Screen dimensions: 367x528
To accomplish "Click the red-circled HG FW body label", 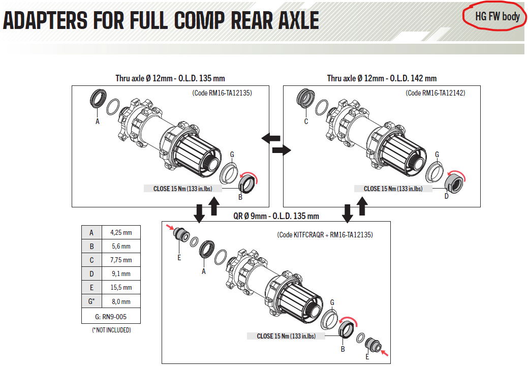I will tap(497, 17).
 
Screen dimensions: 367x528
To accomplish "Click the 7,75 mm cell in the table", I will tap(120, 260).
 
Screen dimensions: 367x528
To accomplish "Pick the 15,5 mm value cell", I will tap(120, 287).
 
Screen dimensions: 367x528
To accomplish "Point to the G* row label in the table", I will tap(91, 301).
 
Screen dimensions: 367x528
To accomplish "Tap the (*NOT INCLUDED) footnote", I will tap(111, 330).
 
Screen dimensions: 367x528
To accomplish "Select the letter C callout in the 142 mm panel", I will tap(306, 121).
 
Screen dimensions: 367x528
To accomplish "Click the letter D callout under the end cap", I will tap(447, 196).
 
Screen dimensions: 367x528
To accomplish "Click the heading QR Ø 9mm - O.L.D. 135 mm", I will tap(276, 216).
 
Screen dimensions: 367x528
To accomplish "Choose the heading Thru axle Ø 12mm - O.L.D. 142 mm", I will tap(382, 78).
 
